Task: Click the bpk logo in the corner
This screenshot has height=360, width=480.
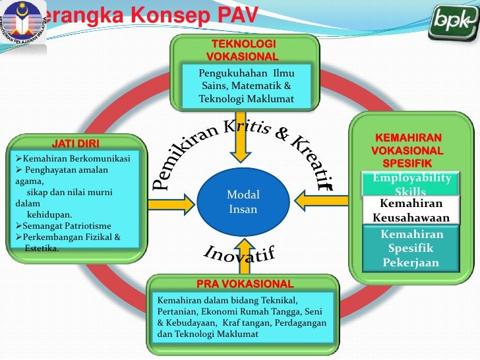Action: [x=452, y=24]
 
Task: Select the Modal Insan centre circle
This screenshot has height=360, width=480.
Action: [x=243, y=202]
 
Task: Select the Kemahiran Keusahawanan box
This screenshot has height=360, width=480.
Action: [x=411, y=211]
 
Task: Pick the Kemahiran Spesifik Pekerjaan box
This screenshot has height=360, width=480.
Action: [x=411, y=249]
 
